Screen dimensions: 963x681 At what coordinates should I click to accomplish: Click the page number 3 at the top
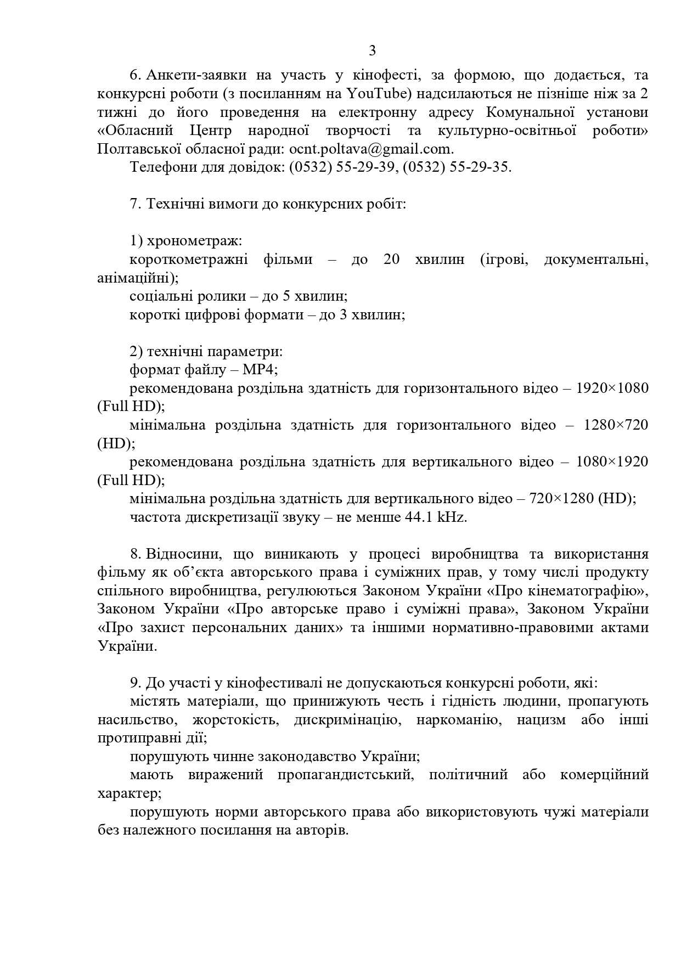372,51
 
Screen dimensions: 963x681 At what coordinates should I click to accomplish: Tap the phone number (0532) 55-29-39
342,167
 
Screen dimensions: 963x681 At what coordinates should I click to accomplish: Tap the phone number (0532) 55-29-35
457,167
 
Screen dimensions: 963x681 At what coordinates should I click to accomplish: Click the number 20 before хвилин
391,260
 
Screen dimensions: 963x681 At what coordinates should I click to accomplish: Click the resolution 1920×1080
612,388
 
